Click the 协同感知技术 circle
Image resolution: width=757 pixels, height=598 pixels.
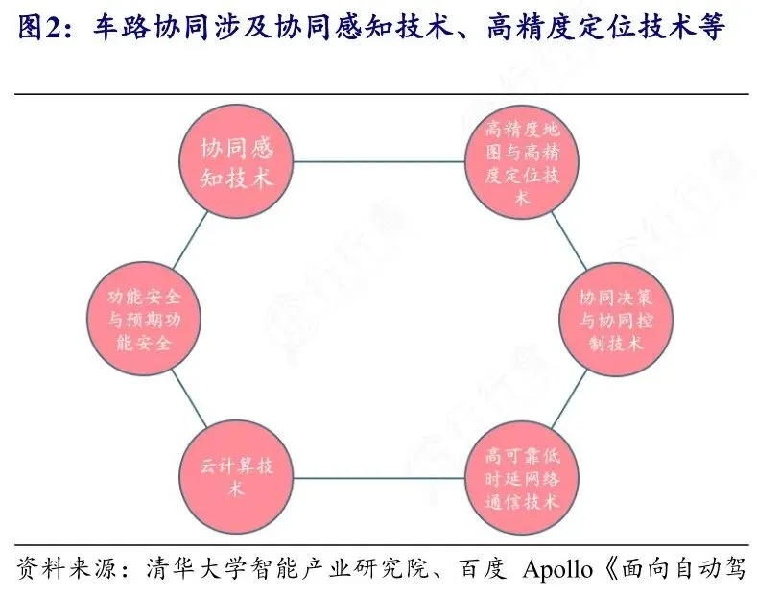coord(236,162)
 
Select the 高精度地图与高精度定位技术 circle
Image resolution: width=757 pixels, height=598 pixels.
coord(522,162)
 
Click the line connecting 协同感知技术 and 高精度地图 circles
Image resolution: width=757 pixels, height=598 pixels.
coord(379,162)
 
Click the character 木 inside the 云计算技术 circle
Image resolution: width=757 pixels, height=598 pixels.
coord(236,490)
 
